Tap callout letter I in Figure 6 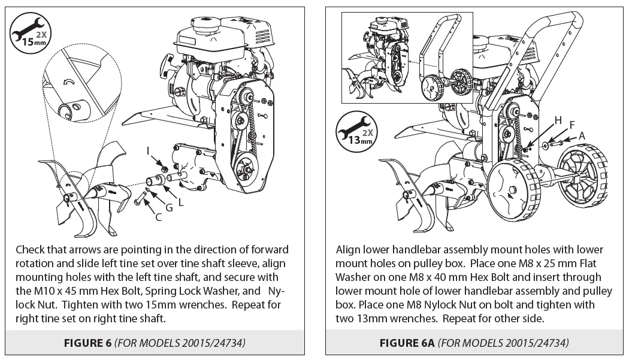click(x=148, y=152)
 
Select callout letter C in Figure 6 click(x=158, y=217)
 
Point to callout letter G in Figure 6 click(x=169, y=207)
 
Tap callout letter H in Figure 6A click(x=558, y=120)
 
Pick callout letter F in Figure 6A click(x=571, y=125)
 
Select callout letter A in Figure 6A click(x=581, y=136)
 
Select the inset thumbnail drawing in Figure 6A click(x=408, y=57)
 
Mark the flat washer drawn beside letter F click(x=548, y=145)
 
